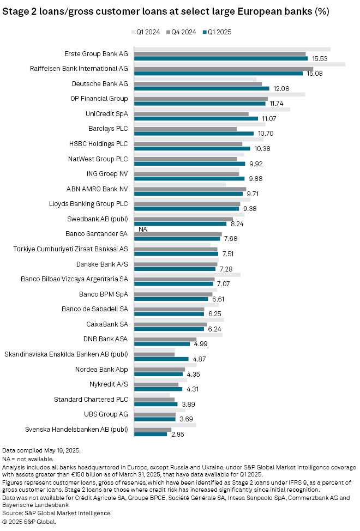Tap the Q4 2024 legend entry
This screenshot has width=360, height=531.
tap(183, 32)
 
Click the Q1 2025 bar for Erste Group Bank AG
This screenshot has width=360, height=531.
tap(221, 58)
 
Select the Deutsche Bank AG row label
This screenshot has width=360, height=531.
tap(100, 83)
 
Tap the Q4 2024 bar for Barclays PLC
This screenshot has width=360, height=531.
tap(185, 129)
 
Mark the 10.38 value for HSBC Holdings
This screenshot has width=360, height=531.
tap(263, 149)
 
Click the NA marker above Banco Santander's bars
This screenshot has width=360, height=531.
tap(143, 229)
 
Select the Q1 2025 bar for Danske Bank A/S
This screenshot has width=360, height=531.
tap(176, 269)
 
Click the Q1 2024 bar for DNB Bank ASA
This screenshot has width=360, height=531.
tap(178, 334)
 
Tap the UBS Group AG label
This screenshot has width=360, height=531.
tap(106, 414)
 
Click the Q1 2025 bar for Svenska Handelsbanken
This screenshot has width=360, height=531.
tap(151, 434)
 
